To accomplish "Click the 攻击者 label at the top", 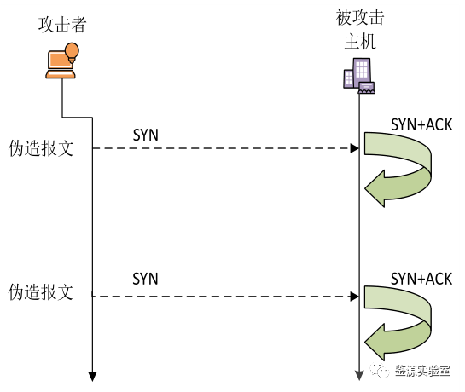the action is click(x=62, y=25).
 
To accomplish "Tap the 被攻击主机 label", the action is click(x=360, y=29).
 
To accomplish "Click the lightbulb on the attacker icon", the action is click(x=72, y=52).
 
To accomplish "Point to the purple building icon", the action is click(x=359, y=76).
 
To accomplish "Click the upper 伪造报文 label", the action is click(x=41, y=148).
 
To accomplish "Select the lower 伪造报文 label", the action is click(x=41, y=292).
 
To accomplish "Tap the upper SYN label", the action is click(x=145, y=135).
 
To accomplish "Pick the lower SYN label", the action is click(x=145, y=279).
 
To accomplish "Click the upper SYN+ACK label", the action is click(x=421, y=124).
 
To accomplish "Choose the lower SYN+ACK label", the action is click(x=421, y=279).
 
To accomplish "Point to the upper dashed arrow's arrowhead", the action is click(x=354, y=148).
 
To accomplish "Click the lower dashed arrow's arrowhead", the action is click(x=354, y=297).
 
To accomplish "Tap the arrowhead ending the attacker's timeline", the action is click(x=92, y=377).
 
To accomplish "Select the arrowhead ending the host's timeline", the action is click(x=359, y=376).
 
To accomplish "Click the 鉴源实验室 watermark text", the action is click(x=422, y=371).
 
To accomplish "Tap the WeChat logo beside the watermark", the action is click(x=380, y=371).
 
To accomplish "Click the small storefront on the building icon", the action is click(x=367, y=88).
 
